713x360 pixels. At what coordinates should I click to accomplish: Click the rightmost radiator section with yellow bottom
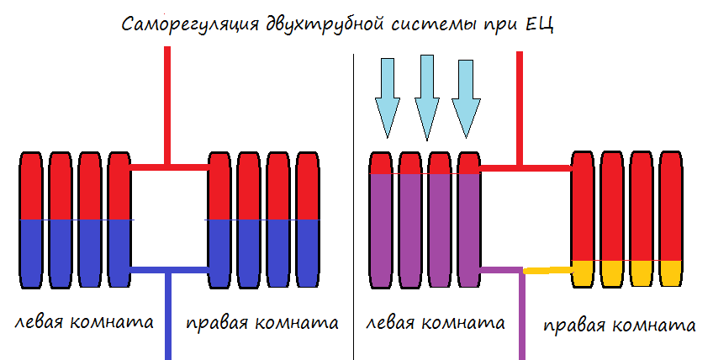670,219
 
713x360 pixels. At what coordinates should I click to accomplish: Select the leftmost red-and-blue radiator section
30,219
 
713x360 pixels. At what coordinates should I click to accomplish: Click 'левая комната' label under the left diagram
83,323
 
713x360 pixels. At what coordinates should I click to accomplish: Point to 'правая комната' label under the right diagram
619,326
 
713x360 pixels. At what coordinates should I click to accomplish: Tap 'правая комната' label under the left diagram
261,323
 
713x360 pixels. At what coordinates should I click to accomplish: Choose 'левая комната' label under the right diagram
436,323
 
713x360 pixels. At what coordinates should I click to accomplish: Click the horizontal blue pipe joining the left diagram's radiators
169,270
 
